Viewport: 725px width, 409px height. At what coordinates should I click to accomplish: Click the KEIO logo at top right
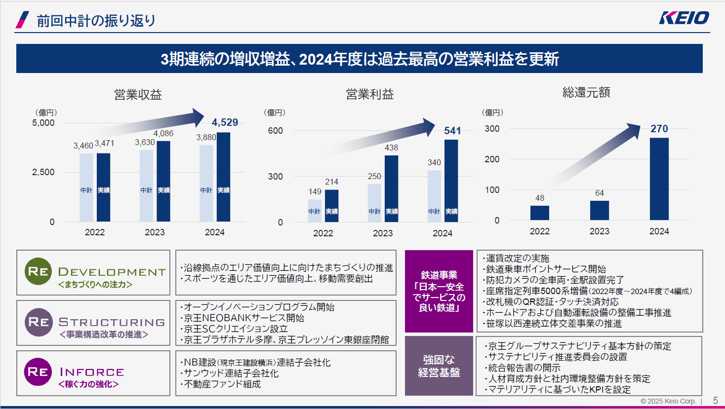click(x=684, y=18)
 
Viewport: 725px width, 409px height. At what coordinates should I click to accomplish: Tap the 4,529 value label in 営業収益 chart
click(x=225, y=122)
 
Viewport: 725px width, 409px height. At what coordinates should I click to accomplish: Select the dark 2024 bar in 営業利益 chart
click(x=451, y=180)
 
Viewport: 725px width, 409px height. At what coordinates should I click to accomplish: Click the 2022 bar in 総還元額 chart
click(x=539, y=213)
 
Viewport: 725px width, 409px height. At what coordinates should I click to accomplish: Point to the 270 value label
click(x=659, y=129)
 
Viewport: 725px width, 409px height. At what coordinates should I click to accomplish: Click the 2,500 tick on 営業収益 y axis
click(x=43, y=172)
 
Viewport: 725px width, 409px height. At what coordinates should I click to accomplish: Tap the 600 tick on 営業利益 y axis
click(x=276, y=131)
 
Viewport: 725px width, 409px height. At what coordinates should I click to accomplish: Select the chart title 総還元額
click(x=586, y=93)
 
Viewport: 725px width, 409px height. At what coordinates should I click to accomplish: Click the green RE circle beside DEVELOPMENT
click(x=38, y=271)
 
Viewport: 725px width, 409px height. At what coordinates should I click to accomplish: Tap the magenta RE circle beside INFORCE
click(x=38, y=372)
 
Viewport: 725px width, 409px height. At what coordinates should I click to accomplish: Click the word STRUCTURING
click(x=112, y=322)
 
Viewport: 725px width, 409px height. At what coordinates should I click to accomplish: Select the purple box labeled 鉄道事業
click(x=439, y=291)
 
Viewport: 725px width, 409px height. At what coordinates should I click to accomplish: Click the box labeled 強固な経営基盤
click(x=439, y=366)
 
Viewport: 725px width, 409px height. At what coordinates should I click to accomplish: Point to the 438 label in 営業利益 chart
click(x=391, y=148)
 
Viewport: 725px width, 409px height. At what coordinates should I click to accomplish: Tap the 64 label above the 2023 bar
click(x=599, y=193)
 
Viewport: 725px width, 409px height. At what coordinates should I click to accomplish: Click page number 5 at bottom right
click(x=715, y=401)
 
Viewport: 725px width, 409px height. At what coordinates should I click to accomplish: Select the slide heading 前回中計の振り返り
click(x=96, y=21)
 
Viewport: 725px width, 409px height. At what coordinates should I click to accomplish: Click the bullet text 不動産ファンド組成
click(x=222, y=384)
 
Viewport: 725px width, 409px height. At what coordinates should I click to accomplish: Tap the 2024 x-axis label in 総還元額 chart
click(x=659, y=231)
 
